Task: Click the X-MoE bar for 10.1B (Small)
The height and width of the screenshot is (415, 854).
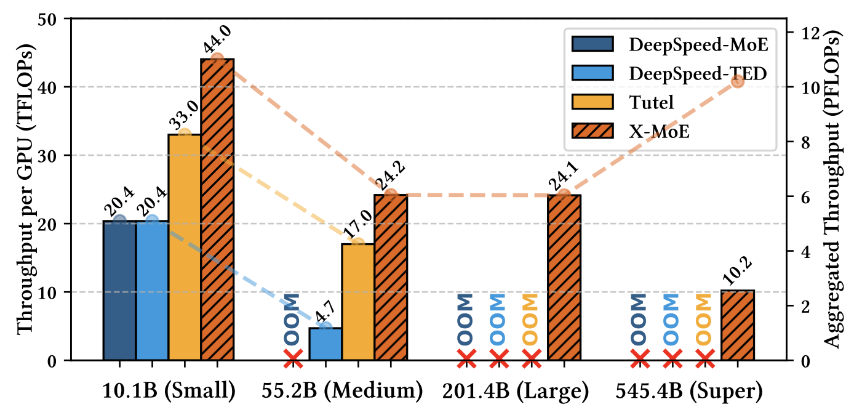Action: [x=217, y=209]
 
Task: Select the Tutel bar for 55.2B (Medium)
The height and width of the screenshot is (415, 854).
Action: [x=358, y=302]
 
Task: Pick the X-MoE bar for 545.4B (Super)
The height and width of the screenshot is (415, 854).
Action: [x=737, y=325]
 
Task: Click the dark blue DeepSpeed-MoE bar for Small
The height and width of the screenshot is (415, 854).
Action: [x=119, y=290]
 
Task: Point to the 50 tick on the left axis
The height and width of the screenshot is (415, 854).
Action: [x=54, y=19]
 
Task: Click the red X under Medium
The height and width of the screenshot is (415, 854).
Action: [x=293, y=357]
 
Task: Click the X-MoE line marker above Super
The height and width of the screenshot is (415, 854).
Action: [x=737, y=81]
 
